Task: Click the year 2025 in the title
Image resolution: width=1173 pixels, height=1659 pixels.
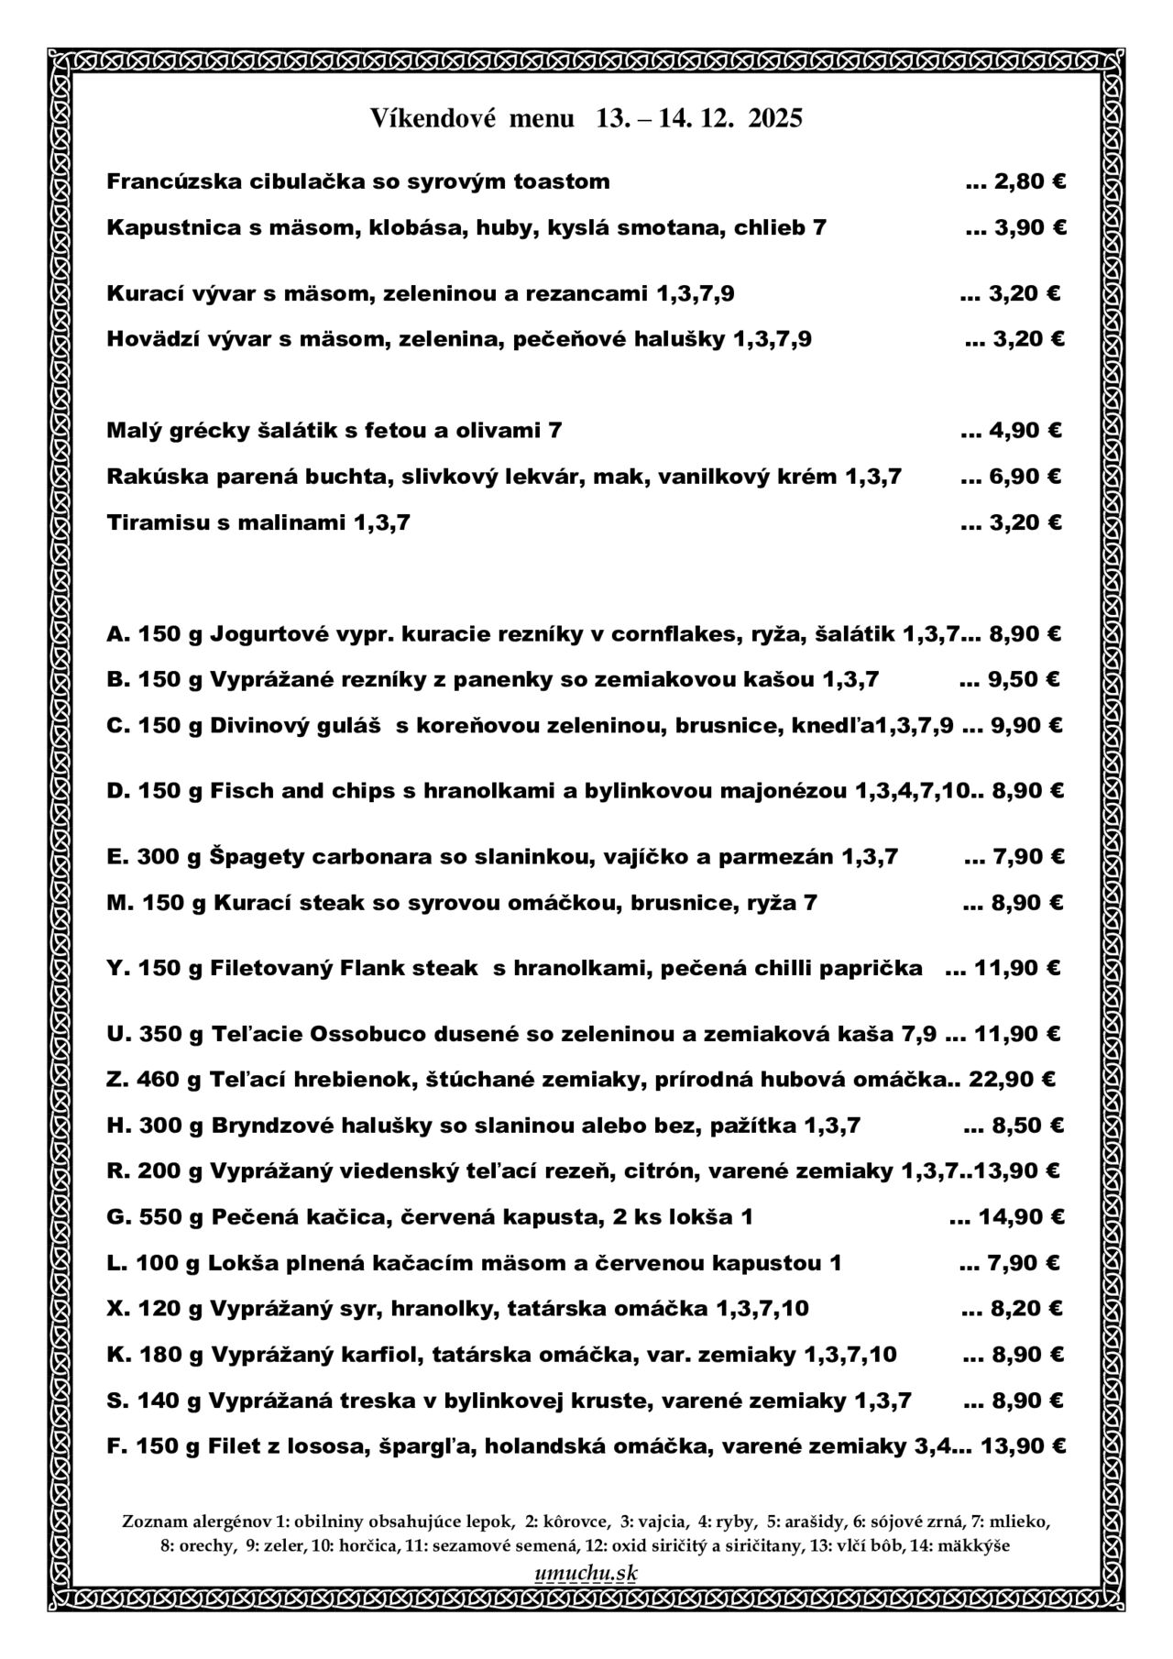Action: click(775, 118)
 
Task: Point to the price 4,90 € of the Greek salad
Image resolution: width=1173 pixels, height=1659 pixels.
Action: click(1025, 430)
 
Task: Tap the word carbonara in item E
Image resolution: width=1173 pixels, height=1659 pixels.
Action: click(367, 857)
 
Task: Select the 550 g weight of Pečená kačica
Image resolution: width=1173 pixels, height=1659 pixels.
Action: click(170, 1217)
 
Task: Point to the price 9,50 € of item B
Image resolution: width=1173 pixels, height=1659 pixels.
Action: click(1024, 679)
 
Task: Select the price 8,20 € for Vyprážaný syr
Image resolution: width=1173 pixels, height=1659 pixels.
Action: click(1025, 1308)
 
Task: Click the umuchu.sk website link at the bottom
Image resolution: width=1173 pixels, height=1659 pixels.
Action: click(586, 1572)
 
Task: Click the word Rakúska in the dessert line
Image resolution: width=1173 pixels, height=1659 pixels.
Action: click(149, 477)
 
